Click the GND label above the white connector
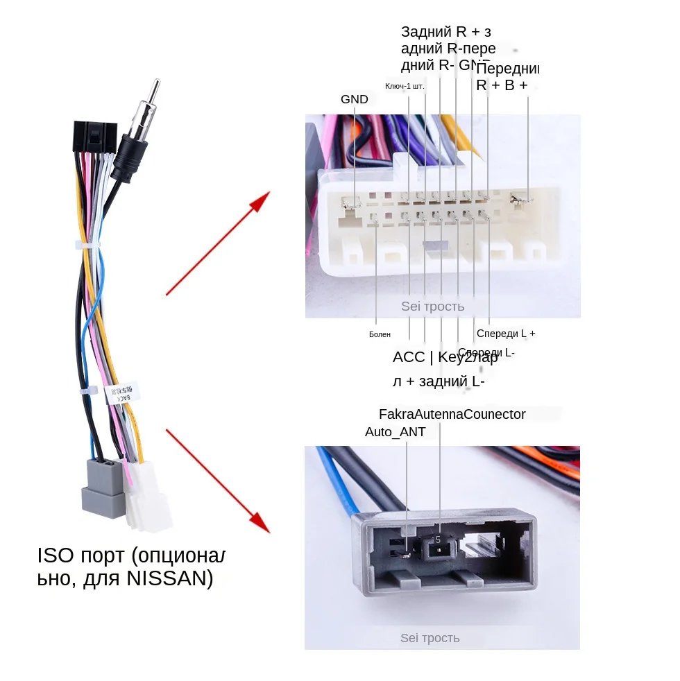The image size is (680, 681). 354,99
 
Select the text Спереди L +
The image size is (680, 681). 506,334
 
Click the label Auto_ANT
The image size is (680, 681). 395,432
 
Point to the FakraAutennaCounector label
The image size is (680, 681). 452,415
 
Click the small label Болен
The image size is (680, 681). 380,334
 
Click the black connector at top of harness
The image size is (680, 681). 94,138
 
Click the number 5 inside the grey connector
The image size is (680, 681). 438,539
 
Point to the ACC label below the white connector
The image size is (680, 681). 408,358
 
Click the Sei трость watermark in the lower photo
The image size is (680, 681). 430,638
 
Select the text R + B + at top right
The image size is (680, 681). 502,85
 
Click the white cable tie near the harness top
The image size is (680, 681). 87,245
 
